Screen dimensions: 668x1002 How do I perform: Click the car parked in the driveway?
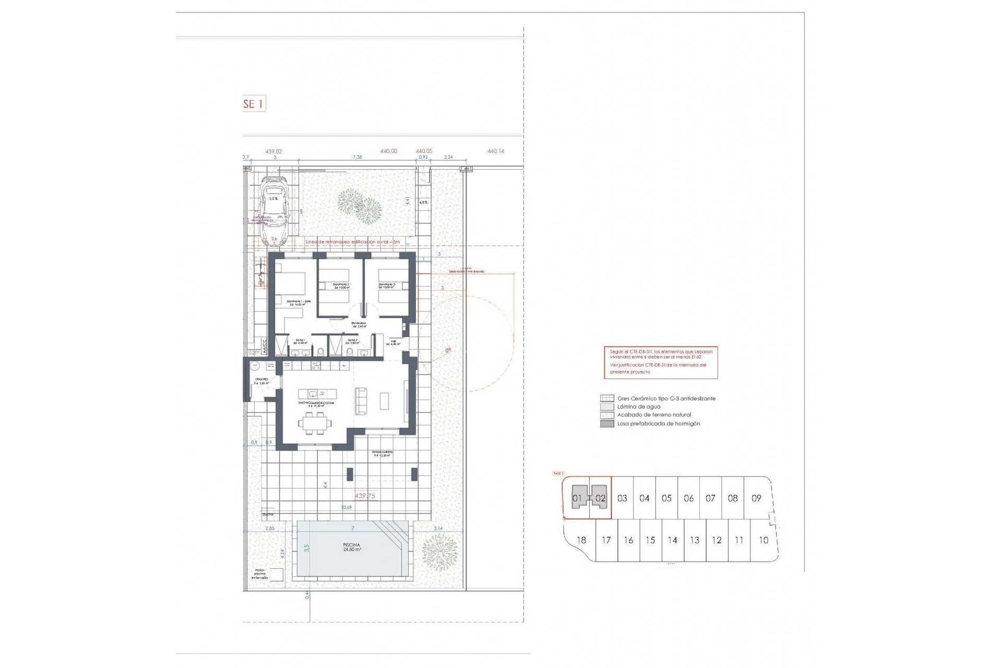click(275, 211)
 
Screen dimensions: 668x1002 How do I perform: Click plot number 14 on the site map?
click(672, 540)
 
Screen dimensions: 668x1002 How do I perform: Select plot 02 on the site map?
click(600, 498)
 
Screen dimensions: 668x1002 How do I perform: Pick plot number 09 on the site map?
click(756, 498)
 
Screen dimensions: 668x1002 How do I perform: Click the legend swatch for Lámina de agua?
click(607, 407)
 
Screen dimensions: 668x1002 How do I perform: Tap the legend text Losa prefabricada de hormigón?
click(658, 423)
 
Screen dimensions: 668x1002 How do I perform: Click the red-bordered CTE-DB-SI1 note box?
click(661, 362)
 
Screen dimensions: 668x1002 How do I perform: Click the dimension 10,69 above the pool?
click(346, 507)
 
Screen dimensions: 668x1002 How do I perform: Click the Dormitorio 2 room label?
click(342, 285)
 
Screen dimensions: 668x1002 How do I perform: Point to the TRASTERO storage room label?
click(261, 380)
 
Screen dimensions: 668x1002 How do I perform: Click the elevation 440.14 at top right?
click(496, 151)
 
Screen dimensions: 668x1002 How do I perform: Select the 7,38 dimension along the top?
click(357, 157)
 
